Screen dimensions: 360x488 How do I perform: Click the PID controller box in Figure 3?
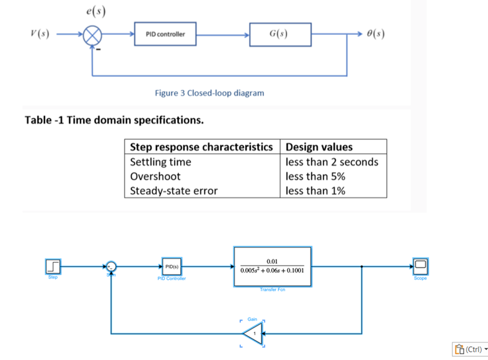tap(165, 34)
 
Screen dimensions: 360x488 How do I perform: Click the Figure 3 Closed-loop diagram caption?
tap(209, 93)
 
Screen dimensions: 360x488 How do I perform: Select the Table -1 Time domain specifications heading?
tap(114, 120)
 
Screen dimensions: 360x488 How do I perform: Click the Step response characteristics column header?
tap(201, 147)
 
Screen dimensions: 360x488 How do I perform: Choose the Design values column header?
tap(319, 147)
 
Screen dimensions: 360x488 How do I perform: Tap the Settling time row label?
tap(160, 162)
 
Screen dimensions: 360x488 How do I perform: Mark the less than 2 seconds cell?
tap(332, 162)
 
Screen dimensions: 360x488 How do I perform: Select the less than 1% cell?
tap(315, 191)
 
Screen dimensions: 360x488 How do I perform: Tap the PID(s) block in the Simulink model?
tap(171, 266)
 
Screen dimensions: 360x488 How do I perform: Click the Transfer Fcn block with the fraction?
tap(272, 266)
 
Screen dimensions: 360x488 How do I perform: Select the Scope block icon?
tap(420, 266)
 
